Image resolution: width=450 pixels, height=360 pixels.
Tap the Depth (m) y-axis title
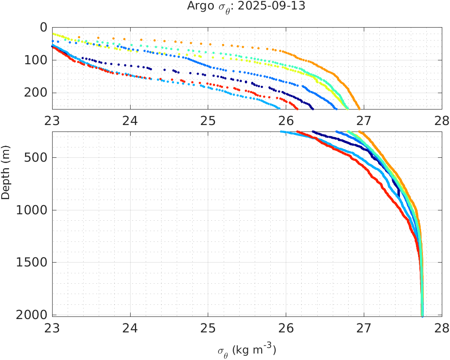(6, 177)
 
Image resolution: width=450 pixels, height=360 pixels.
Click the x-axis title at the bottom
(247, 351)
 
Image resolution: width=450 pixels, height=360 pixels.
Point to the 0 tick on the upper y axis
(44, 27)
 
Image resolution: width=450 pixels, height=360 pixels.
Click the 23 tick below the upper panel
(53, 119)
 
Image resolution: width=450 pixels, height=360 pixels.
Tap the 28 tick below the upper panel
(441, 119)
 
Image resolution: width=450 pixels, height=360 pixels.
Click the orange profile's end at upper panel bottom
(359, 108)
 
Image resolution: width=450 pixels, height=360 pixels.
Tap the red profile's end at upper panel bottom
(297, 108)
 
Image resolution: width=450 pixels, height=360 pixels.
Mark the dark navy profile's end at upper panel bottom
(312, 108)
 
